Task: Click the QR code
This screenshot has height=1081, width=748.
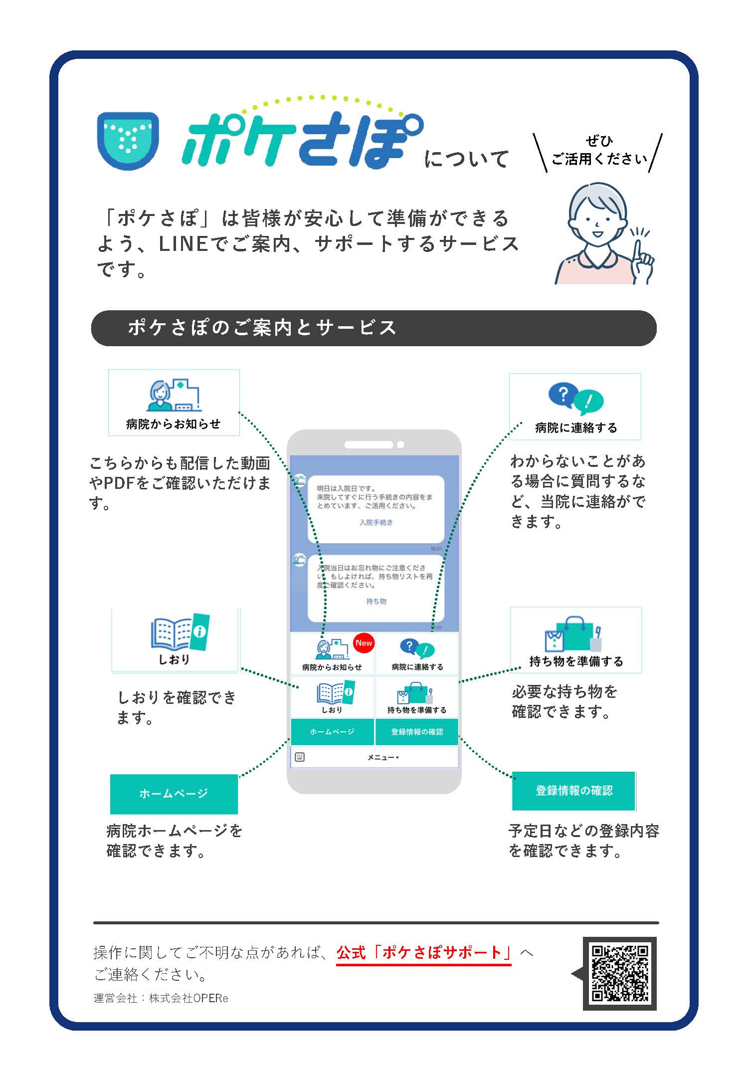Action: tap(620, 973)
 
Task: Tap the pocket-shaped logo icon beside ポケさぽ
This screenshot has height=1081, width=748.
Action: tap(128, 140)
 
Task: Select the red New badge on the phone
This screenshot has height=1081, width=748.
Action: tap(364, 644)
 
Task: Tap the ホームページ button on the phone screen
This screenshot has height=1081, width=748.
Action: tap(332, 732)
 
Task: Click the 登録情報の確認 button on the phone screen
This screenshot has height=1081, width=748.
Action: tap(417, 732)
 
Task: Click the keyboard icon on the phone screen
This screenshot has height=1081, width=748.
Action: tap(300, 757)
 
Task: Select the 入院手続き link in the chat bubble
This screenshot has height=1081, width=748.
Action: tap(376, 522)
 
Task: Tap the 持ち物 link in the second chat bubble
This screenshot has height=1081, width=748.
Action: tap(376, 601)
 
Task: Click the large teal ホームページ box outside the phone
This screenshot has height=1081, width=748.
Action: tap(174, 794)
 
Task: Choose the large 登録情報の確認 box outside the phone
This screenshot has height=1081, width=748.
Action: tap(573, 791)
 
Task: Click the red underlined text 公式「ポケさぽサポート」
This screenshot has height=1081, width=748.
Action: tap(424, 952)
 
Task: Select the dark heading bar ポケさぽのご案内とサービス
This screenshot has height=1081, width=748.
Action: tap(374, 328)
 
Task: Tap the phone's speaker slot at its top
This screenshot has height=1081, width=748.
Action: tap(369, 444)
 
